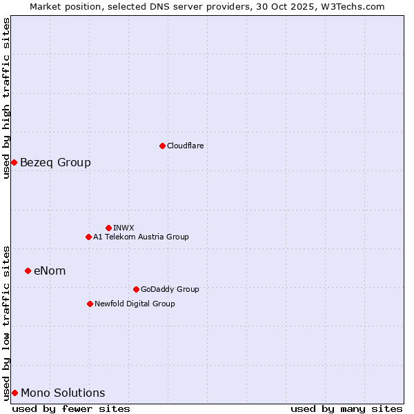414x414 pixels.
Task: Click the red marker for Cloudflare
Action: pyautogui.click(x=162, y=146)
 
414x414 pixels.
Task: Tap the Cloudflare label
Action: pyautogui.click(x=185, y=146)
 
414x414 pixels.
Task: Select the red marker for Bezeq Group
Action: pyautogui.click(x=14, y=162)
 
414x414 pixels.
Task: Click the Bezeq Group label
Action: pyautogui.click(x=55, y=163)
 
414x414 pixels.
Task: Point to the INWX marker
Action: pyautogui.click(x=108, y=228)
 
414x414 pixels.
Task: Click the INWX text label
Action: pyautogui.click(x=124, y=228)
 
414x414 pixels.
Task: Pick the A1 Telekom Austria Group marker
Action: pyautogui.click(x=88, y=237)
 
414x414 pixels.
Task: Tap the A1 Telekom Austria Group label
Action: pyautogui.click(x=141, y=237)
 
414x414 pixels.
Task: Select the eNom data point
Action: pyautogui.click(x=28, y=270)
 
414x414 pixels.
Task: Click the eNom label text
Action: pyautogui.click(x=50, y=271)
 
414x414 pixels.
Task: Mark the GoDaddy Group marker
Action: pyautogui.click(x=136, y=289)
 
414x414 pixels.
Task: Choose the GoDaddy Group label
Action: pyautogui.click(x=170, y=289)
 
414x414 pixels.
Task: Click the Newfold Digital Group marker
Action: pyautogui.click(x=90, y=304)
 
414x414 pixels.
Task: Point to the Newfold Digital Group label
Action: pyautogui.click(x=135, y=304)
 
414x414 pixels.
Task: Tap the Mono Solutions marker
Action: pyautogui.click(x=14, y=393)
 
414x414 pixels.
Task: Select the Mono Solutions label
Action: pyautogui.click(x=63, y=393)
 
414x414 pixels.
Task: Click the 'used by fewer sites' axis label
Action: pyautogui.click(x=71, y=408)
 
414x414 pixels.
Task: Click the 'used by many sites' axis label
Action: pyautogui.click(x=346, y=408)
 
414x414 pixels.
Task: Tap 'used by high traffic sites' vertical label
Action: pyautogui.click(x=6, y=98)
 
